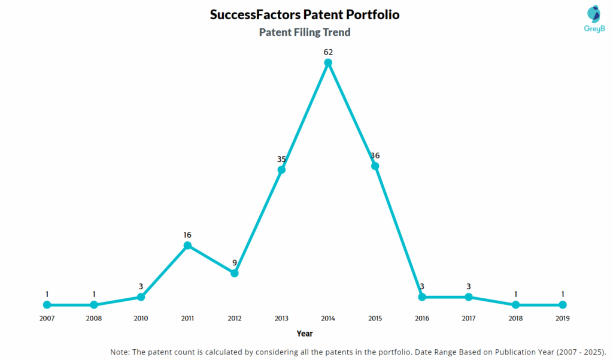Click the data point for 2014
pyautogui.click(x=328, y=62)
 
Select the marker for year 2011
pyautogui.click(x=187, y=246)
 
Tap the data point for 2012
pyautogui.click(x=235, y=273)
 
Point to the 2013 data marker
pyautogui.click(x=281, y=170)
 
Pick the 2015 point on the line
pyautogui.click(x=375, y=166)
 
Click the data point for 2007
pyautogui.click(x=47, y=305)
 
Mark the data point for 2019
pyautogui.click(x=563, y=305)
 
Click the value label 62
pyautogui.click(x=328, y=52)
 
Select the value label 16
pyautogui.click(x=187, y=235)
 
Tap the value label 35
pyautogui.click(x=281, y=159)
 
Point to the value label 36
pyautogui.click(x=375, y=156)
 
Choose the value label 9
pyautogui.click(x=235, y=262)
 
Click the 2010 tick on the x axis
pyautogui.click(x=141, y=319)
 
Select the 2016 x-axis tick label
pyautogui.click(x=422, y=319)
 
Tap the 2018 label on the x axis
pyautogui.click(x=515, y=319)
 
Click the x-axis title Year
pyautogui.click(x=305, y=334)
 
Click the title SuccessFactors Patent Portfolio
pyautogui.click(x=305, y=14)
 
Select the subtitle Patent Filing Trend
pyautogui.click(x=305, y=32)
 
